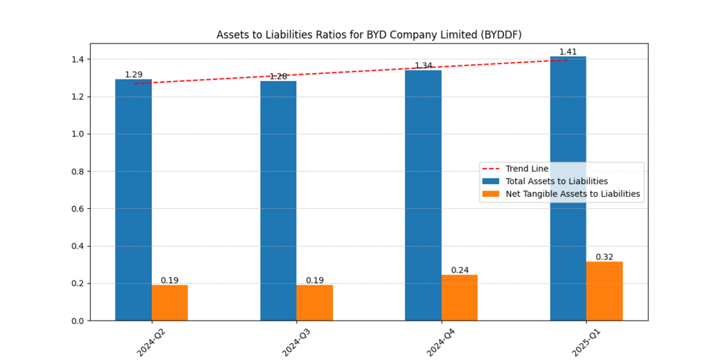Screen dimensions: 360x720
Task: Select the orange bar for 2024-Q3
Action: tap(314, 302)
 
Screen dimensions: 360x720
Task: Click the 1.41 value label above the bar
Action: tap(568, 52)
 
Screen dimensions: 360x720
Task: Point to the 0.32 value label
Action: tap(604, 257)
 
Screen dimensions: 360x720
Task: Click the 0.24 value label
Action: tap(460, 270)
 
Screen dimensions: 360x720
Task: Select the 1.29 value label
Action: tap(134, 75)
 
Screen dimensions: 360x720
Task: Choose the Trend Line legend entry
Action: tap(527, 169)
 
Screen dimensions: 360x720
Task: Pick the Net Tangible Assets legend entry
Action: tap(572, 194)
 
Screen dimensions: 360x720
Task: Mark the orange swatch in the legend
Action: tap(490, 194)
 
